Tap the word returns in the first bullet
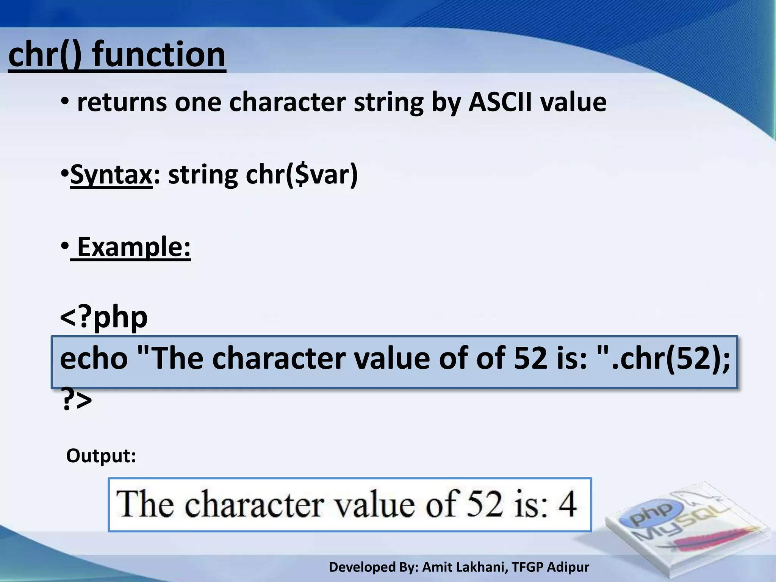tap(122, 103)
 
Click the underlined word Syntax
tap(111, 175)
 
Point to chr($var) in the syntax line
tap(302, 175)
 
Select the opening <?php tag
tap(104, 318)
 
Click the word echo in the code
tap(94, 359)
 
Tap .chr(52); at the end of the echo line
tap(671, 359)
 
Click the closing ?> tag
tap(76, 401)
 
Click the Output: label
tap(101, 456)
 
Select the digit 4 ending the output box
tap(568, 505)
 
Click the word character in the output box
tap(254, 505)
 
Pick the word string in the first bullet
tap(388, 103)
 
